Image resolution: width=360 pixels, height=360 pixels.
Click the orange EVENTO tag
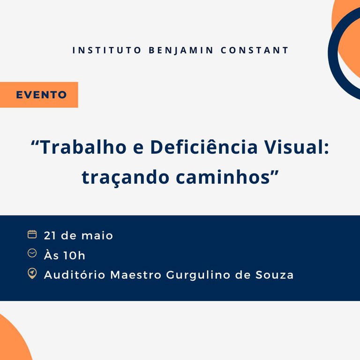coord(41,95)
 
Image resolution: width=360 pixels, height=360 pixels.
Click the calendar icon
coord(32,234)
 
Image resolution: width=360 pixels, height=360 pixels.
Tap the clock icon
coord(32,254)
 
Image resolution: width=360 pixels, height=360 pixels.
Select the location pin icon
coord(32,273)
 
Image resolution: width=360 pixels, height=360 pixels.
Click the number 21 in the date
coord(50,235)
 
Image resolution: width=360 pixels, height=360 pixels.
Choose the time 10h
coord(75,255)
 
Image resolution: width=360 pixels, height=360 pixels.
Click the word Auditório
coord(75,275)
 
